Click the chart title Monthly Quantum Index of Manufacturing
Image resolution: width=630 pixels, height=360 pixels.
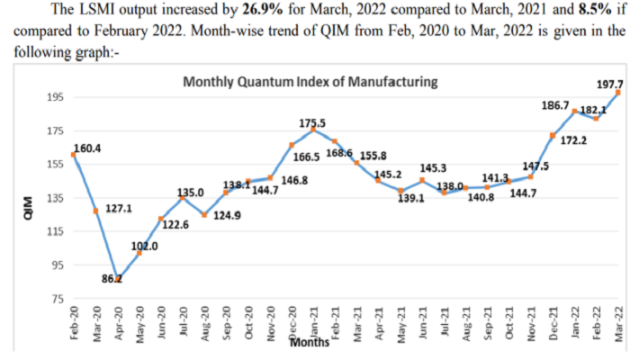tap(310, 82)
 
